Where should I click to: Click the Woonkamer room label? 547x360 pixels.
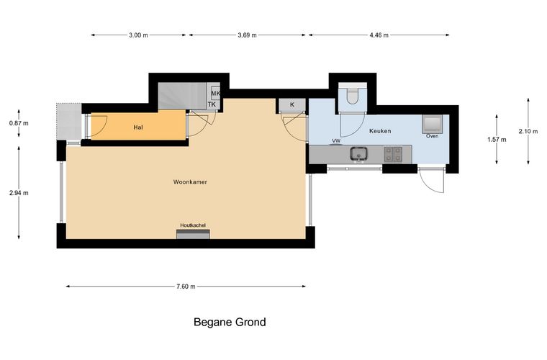[x=190, y=182]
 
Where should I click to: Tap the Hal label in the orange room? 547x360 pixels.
[x=138, y=127]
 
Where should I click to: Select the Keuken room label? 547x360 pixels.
[x=380, y=131]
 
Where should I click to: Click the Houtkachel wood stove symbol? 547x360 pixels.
[x=193, y=235]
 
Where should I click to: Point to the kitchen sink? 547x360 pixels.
[x=358, y=154]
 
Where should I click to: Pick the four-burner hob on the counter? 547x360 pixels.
[x=393, y=154]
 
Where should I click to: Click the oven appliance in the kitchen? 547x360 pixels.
[x=433, y=124]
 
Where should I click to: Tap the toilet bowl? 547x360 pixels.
[x=353, y=95]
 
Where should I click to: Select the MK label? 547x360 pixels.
[x=216, y=94]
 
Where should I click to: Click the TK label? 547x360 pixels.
[x=212, y=104]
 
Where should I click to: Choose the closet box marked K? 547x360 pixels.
[x=292, y=105]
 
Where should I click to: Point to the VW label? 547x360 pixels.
[x=336, y=140]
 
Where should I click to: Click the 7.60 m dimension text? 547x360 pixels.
[x=186, y=287]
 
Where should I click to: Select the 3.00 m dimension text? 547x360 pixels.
[x=138, y=35]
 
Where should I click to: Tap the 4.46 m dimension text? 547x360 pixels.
[x=379, y=35]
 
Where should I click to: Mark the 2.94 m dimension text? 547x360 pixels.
[x=19, y=193]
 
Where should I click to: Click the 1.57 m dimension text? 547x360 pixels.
[x=497, y=140]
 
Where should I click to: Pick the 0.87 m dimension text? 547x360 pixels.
[x=19, y=123]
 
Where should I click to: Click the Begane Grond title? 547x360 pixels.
[x=230, y=322]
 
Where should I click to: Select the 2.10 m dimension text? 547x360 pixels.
[x=528, y=131]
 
